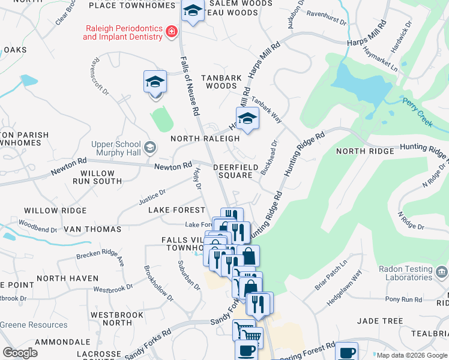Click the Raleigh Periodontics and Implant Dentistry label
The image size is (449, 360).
coord(122,32)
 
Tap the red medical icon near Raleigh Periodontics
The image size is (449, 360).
coord(172,31)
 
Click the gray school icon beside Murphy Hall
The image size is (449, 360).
coord(149,147)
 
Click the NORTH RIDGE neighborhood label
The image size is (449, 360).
coord(365,151)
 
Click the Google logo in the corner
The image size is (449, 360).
coord(20,353)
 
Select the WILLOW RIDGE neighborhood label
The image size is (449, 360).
coord(55,211)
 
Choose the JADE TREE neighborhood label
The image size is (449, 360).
coord(380,321)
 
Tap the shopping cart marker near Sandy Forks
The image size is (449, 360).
coord(247,331)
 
